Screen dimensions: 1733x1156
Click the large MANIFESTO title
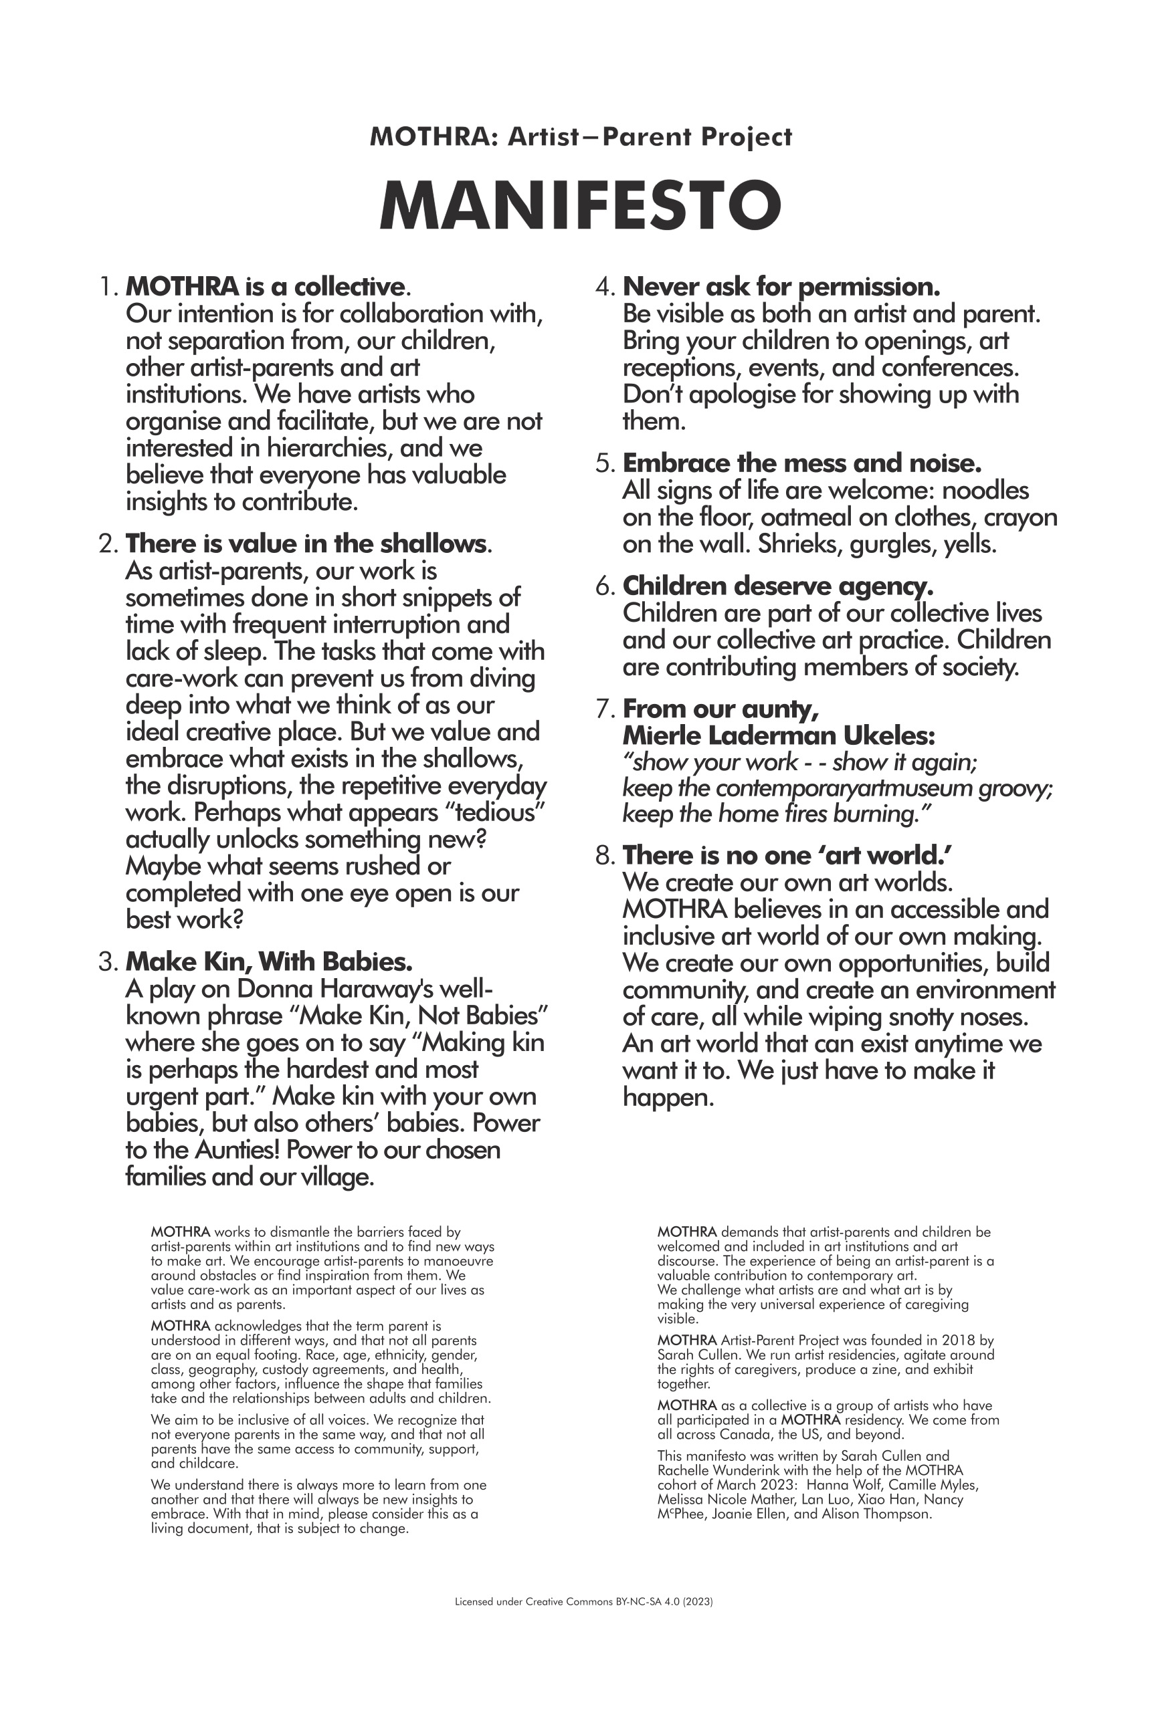[x=579, y=205]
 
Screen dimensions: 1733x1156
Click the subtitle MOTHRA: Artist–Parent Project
[x=580, y=137]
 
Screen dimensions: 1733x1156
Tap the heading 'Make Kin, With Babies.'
[x=269, y=961]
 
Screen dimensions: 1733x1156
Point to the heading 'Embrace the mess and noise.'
[x=802, y=463]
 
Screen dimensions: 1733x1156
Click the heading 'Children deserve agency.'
[x=778, y=586]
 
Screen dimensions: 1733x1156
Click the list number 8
[x=604, y=856]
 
